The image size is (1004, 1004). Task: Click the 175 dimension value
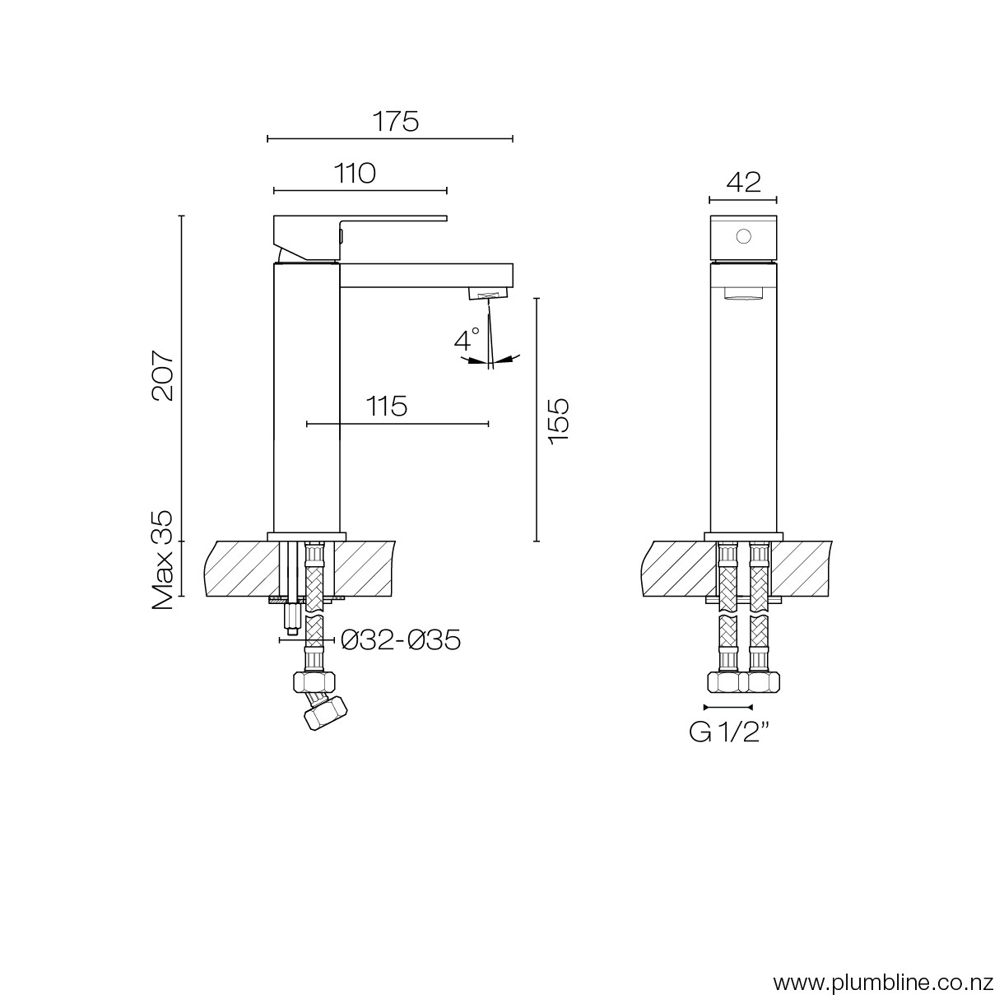pyautogui.click(x=396, y=122)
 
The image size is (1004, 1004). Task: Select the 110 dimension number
pyautogui.click(x=355, y=174)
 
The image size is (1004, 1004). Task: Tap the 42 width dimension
pyautogui.click(x=743, y=182)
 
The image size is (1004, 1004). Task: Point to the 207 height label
pyautogui.click(x=163, y=375)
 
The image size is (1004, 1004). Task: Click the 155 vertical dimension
pyautogui.click(x=559, y=421)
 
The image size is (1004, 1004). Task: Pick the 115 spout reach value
pyautogui.click(x=386, y=407)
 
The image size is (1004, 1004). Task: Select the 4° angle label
pyautogui.click(x=467, y=339)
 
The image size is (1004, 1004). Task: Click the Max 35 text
pyautogui.click(x=162, y=560)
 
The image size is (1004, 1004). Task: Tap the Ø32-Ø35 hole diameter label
pyautogui.click(x=401, y=639)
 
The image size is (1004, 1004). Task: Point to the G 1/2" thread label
pyautogui.click(x=729, y=732)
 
